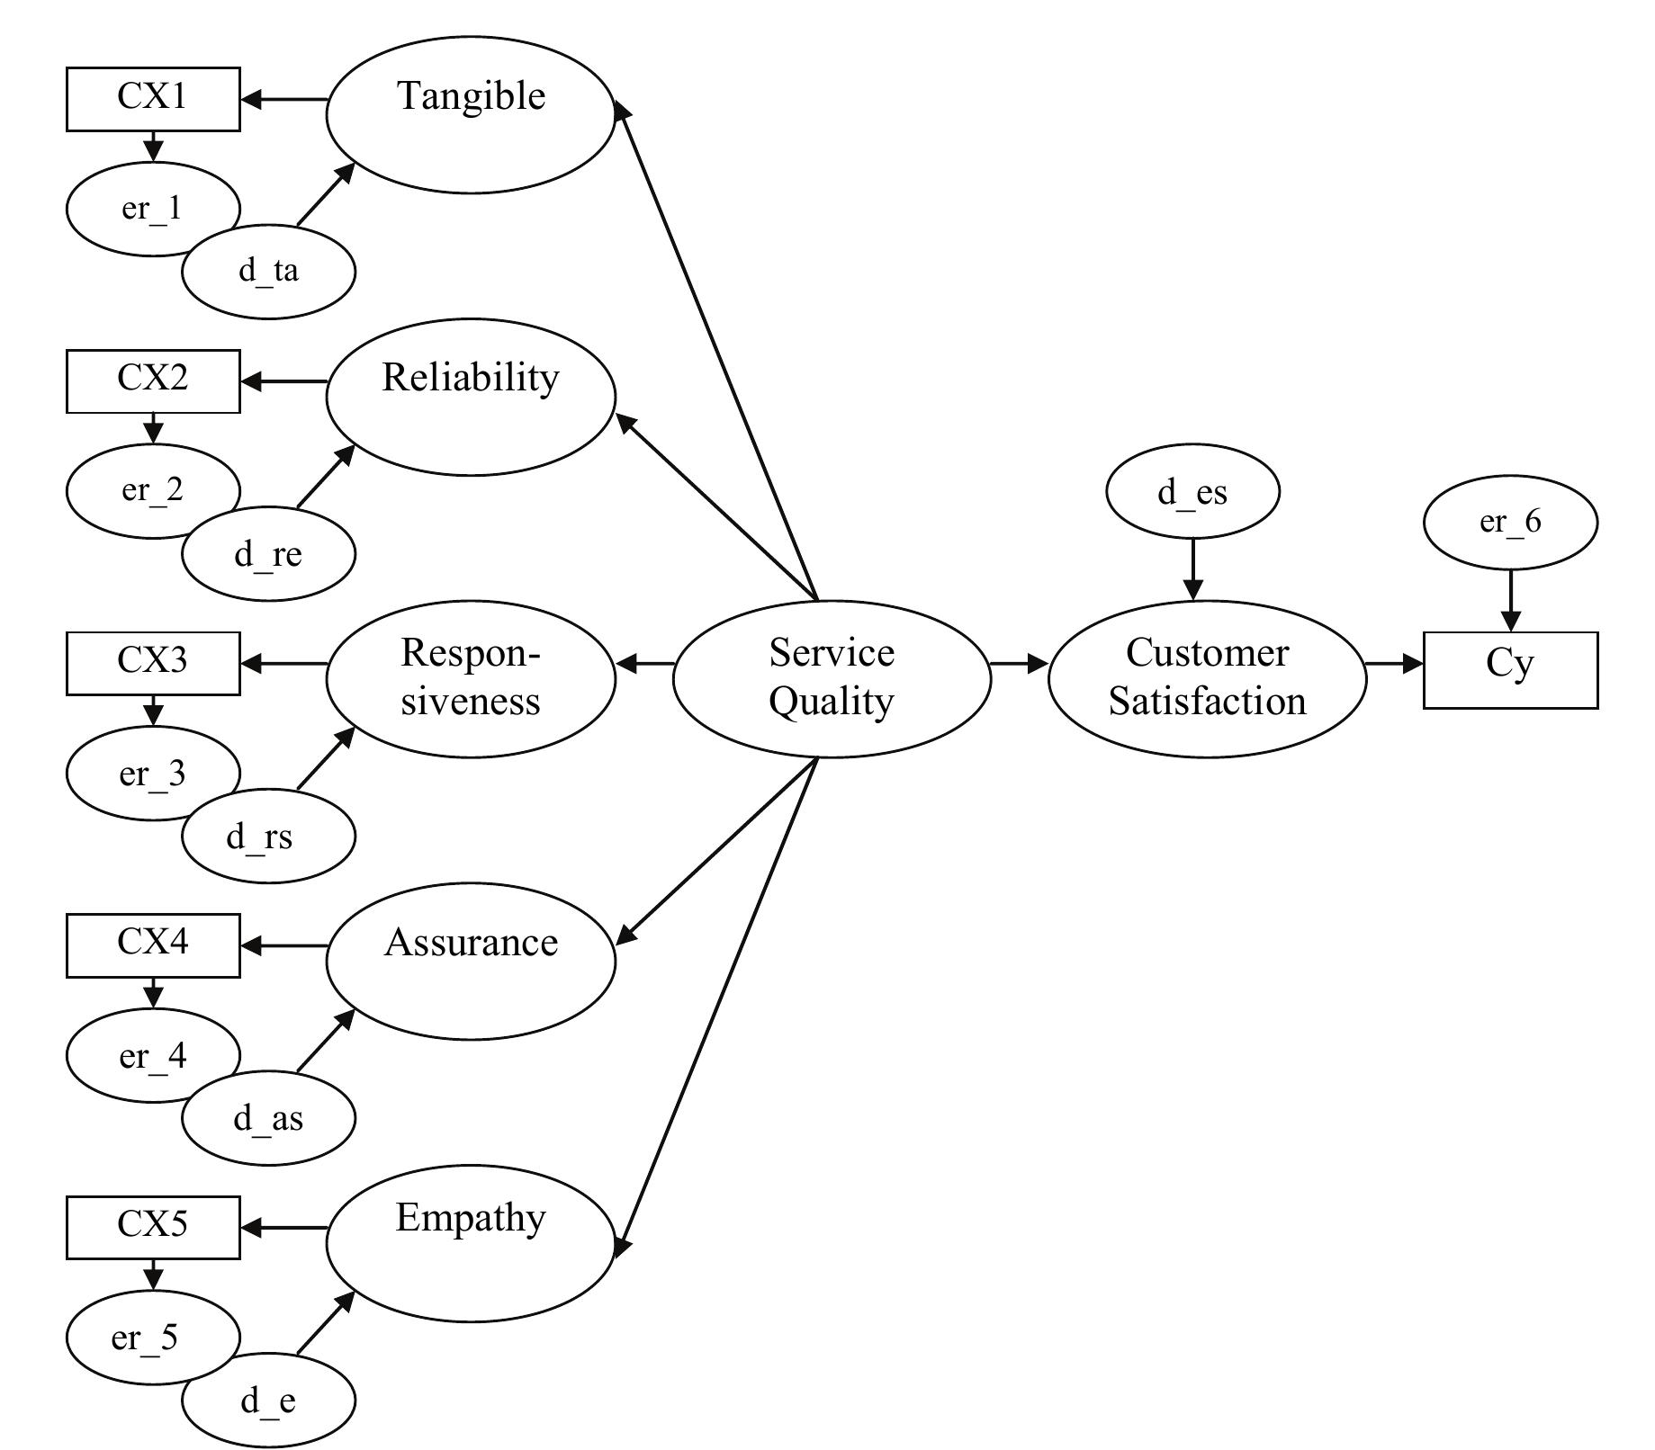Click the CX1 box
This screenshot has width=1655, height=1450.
point(153,98)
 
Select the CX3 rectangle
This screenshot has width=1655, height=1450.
point(153,662)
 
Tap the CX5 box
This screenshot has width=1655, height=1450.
point(153,1226)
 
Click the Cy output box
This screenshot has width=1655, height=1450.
point(1510,669)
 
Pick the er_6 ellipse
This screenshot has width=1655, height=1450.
point(1510,522)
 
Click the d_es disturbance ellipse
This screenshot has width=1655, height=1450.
point(1192,493)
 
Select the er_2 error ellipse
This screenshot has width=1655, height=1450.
point(135,490)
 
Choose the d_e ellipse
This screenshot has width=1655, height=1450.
point(268,1401)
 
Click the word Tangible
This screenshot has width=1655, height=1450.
point(472,96)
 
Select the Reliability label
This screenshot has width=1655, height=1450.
point(471,378)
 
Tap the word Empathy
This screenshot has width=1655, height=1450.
point(471,1218)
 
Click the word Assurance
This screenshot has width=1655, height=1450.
point(471,943)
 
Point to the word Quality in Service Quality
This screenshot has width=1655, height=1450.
point(832,702)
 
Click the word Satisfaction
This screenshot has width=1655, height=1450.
point(1207,702)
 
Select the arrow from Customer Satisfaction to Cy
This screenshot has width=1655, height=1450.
point(1394,664)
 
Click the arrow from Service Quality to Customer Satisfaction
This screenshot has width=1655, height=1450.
point(1019,664)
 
